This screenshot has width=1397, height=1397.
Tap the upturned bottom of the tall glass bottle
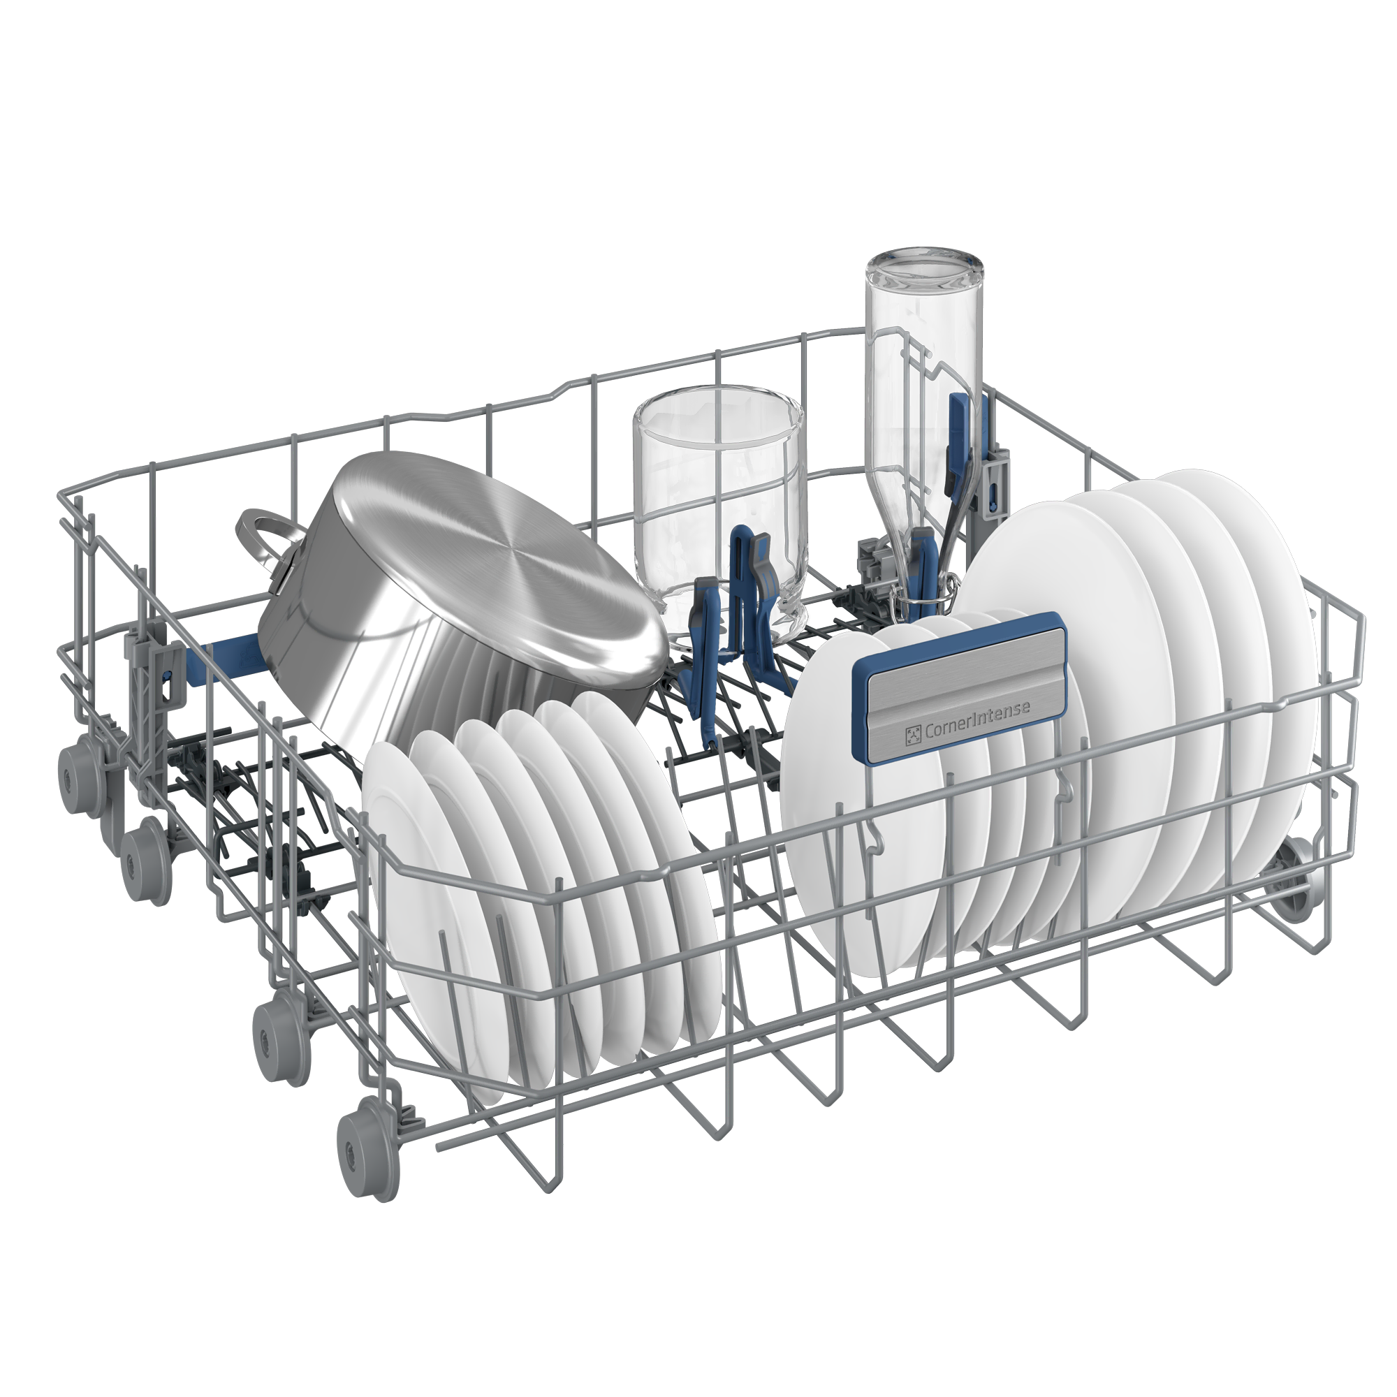coord(927,270)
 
